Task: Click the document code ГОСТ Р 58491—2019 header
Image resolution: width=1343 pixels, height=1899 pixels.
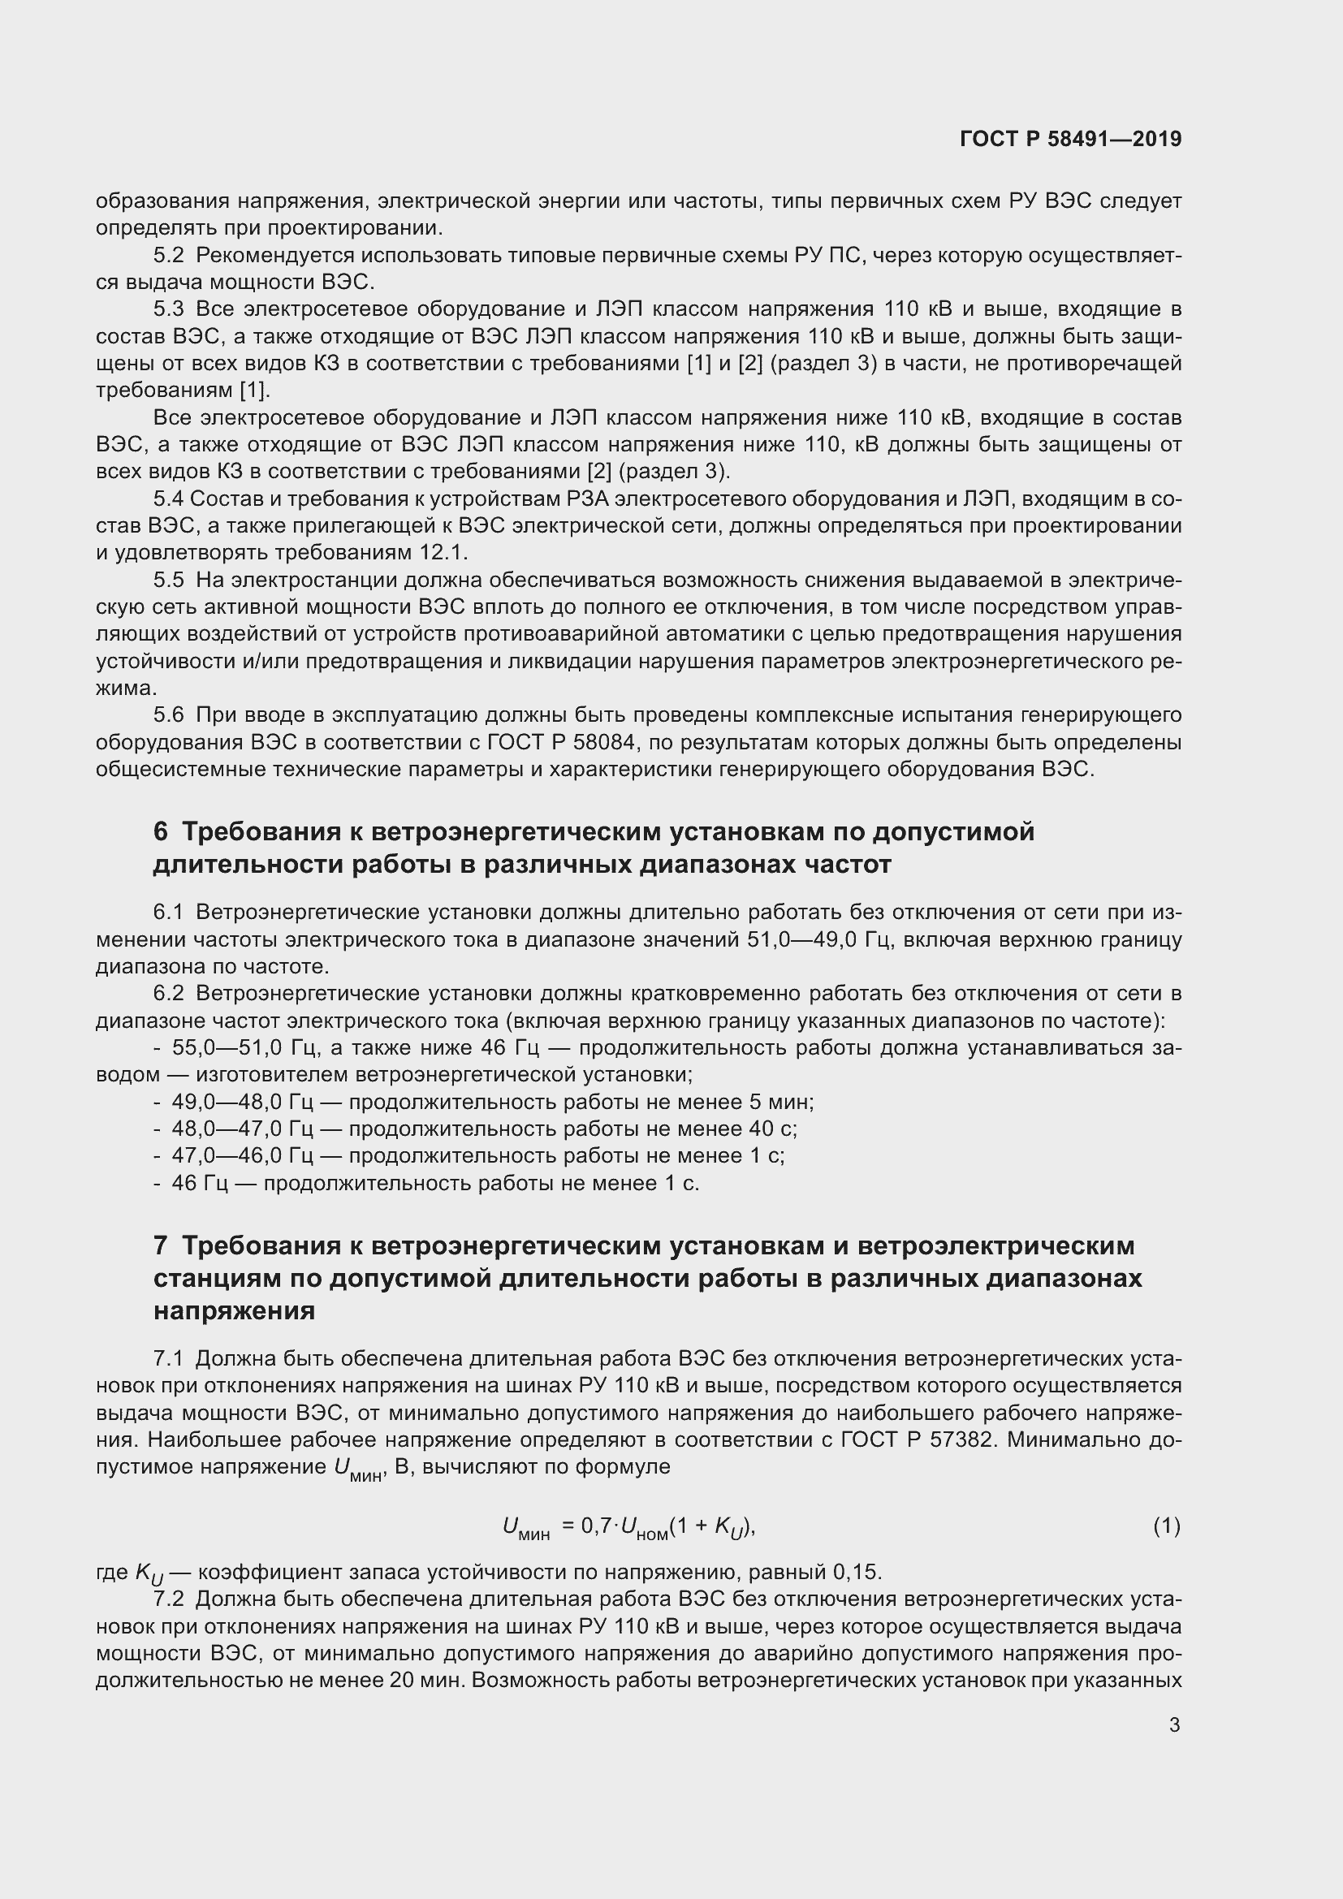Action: (1070, 139)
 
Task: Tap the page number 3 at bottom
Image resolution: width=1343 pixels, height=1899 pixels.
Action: (1174, 1724)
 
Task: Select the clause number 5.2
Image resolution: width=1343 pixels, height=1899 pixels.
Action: (169, 255)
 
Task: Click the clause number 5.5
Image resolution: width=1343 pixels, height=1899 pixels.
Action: (169, 580)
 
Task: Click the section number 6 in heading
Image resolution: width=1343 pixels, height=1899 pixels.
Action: (161, 831)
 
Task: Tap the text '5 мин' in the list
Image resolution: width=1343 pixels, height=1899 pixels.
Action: (780, 1103)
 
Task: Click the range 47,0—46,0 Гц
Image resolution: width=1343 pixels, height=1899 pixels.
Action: (242, 1156)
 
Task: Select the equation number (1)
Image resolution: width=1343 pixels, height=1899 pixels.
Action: (1166, 1526)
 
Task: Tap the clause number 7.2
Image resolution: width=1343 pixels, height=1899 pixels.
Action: (169, 1599)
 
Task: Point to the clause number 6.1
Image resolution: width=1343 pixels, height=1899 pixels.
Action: (169, 913)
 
